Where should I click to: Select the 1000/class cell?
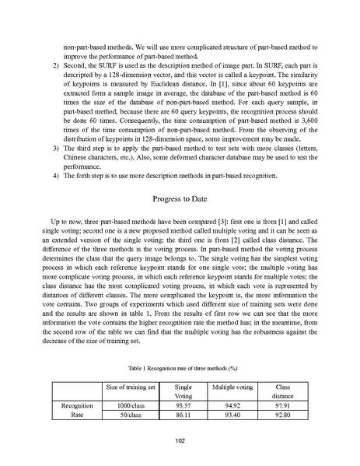130,405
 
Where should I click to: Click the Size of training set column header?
130,387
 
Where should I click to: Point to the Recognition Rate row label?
77,411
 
